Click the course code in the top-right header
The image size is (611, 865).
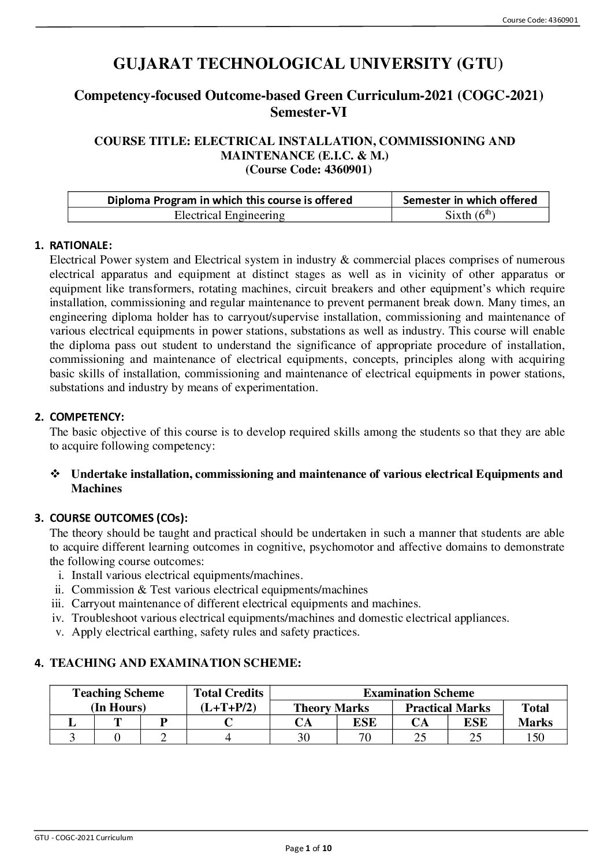(540, 20)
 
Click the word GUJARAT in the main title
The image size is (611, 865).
(149, 64)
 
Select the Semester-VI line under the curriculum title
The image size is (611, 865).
(308, 112)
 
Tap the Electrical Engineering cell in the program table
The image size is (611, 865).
(229, 216)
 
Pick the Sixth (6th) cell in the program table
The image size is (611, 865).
(470, 216)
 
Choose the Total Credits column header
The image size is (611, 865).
(228, 693)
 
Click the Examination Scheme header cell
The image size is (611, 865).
(418, 693)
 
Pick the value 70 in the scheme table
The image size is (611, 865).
(364, 737)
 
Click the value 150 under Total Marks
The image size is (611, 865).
(535, 737)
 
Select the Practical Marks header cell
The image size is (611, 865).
(448, 708)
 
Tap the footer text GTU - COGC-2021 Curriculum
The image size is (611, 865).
(84, 837)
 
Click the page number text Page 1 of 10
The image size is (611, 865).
(309, 848)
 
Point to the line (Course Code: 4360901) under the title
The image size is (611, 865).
(308, 169)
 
